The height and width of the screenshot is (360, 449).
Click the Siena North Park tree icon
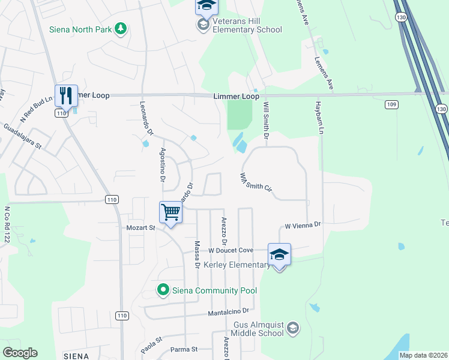(121, 29)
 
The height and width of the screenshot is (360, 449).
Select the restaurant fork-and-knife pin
(67, 95)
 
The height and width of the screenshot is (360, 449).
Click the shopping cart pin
(171, 212)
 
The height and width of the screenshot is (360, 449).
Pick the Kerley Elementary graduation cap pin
(279, 254)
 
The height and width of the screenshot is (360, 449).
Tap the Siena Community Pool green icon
(162, 290)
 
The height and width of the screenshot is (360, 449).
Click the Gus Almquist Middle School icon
(292, 328)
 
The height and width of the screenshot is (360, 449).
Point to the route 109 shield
(392, 105)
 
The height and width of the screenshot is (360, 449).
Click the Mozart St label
(140, 228)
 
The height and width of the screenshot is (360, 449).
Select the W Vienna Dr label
(303, 226)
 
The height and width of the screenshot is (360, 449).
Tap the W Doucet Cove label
(231, 250)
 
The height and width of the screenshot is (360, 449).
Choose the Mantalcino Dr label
(228, 312)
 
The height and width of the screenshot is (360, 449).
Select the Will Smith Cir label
(256, 182)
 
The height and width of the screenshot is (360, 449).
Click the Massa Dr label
(197, 254)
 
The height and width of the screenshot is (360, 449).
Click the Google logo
(20, 353)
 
